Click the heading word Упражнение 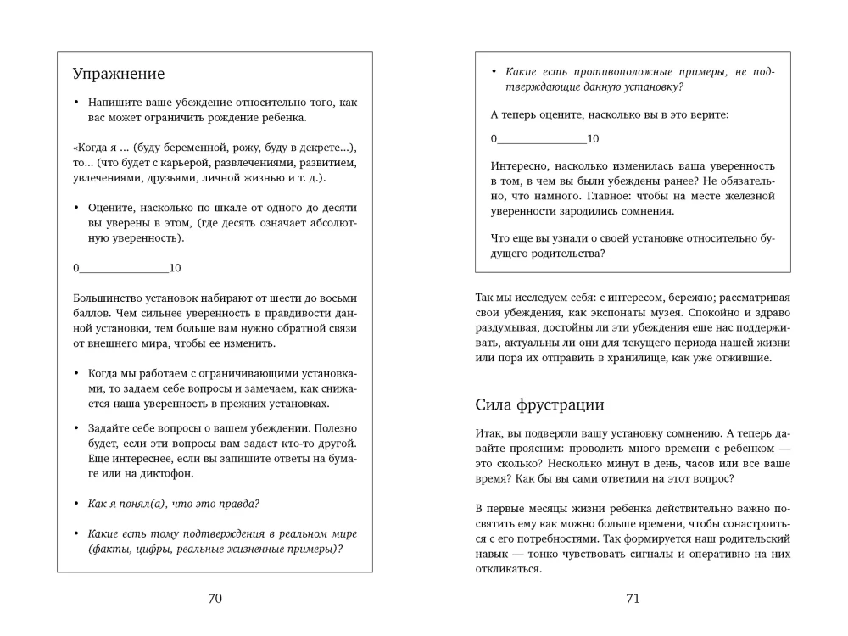(x=119, y=74)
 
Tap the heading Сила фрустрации (x=539, y=404)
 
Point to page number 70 (x=215, y=599)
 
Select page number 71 (x=633, y=599)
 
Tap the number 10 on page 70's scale (x=176, y=268)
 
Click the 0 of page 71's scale (x=494, y=138)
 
